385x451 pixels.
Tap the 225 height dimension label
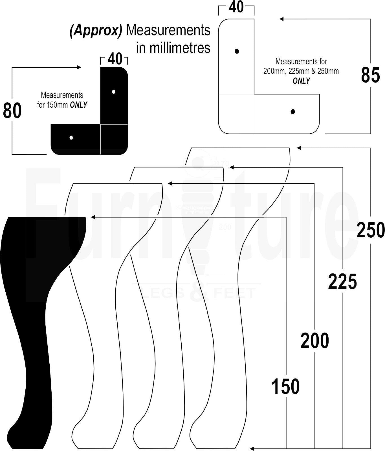[x=342, y=282]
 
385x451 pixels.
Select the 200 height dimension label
[x=314, y=341]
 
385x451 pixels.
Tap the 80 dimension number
[x=12, y=110]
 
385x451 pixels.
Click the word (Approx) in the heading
[x=96, y=30]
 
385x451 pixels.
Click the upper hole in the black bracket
[x=114, y=92]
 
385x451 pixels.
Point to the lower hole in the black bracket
[x=71, y=138]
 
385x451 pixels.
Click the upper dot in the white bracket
[x=237, y=51]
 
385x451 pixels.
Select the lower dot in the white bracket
[x=293, y=112]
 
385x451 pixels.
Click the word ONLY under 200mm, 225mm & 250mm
[x=301, y=81]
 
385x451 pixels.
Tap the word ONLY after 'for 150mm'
[x=78, y=105]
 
